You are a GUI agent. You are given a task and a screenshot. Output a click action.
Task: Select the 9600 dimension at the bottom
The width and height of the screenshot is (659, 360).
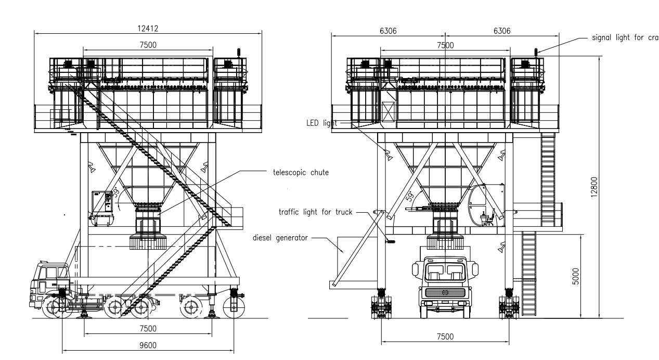pos(147,344)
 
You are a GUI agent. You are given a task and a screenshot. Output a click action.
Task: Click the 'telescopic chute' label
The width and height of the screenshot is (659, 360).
pos(301,173)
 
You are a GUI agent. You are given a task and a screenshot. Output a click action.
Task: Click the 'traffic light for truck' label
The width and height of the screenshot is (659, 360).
pos(315,212)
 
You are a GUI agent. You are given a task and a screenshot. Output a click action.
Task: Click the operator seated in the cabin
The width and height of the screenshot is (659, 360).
pos(488,217)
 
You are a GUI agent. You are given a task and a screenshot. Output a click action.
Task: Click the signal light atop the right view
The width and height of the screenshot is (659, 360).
pos(536,51)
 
